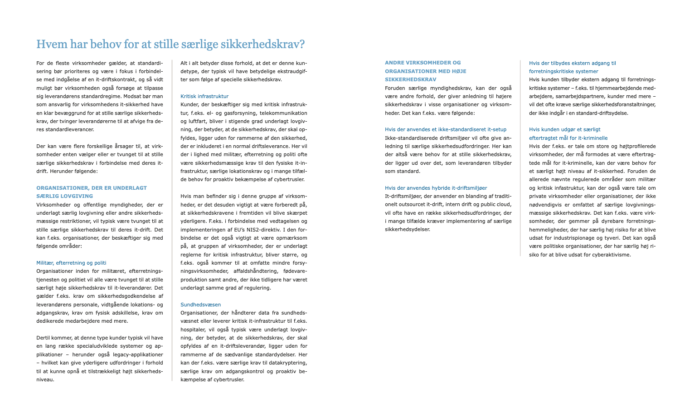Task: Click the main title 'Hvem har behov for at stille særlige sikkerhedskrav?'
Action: click(x=170, y=44)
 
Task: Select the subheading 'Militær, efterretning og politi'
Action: click(x=71, y=263)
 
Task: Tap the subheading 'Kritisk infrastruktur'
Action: click(x=204, y=96)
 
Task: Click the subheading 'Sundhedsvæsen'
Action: click(x=201, y=305)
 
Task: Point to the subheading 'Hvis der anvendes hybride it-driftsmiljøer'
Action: click(x=436, y=188)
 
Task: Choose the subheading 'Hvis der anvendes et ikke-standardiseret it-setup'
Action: click(x=446, y=129)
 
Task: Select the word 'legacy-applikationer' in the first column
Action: click(x=137, y=355)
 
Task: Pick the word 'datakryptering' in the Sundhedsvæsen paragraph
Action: click(x=289, y=363)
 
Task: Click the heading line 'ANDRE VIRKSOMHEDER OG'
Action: click(x=423, y=63)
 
